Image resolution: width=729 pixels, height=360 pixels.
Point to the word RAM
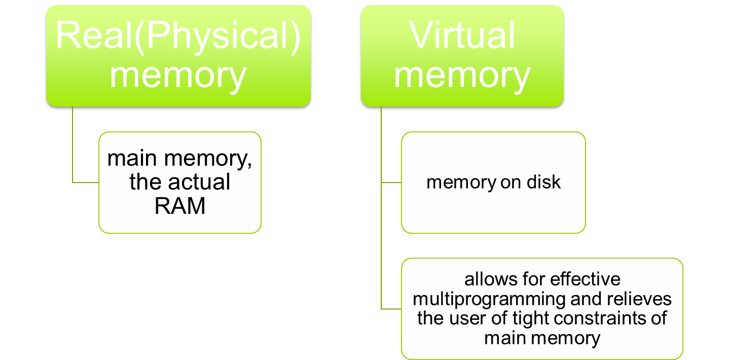pos(180,205)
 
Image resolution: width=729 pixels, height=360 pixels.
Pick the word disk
pos(543,182)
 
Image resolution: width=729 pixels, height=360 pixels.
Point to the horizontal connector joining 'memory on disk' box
pos(391,182)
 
